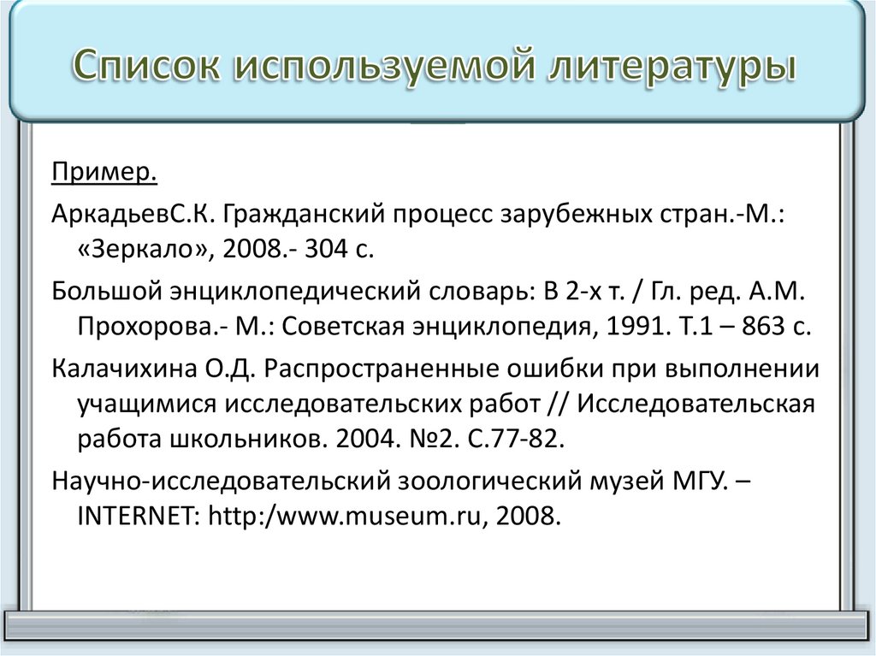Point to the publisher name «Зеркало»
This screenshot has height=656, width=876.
coord(145,249)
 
